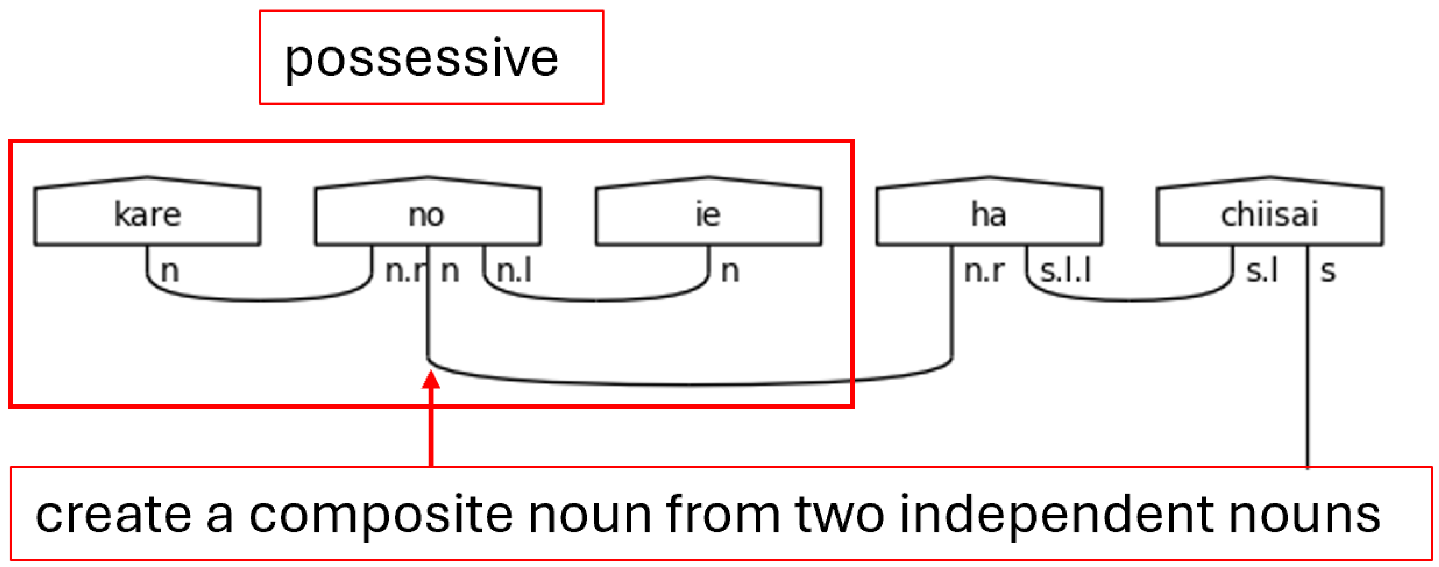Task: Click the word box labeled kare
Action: pos(147,215)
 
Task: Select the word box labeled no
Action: pos(427,215)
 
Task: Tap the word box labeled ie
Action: pos(709,215)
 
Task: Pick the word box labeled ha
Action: pos(989,215)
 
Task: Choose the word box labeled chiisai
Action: pos(1270,215)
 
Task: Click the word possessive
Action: pos(421,59)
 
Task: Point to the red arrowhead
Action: pos(431,380)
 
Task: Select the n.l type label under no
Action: pos(514,271)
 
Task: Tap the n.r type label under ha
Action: pos(984,271)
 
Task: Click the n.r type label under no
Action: pos(405,271)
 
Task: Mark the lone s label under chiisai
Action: pos(1328,271)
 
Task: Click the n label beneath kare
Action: pos(170,271)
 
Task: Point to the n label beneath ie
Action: pos(730,271)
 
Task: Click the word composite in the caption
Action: pos(380,515)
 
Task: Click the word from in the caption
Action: pos(723,515)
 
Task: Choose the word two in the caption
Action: pos(840,515)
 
